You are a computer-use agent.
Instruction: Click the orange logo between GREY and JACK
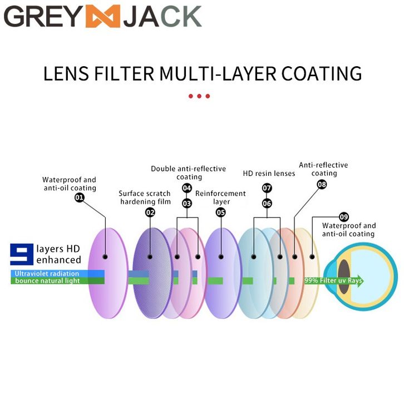102,16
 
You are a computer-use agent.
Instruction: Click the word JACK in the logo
161,17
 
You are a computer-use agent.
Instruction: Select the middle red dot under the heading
199,96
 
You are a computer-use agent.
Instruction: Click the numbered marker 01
80,198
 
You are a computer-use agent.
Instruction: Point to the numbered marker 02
150,212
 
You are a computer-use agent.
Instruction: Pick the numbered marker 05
221,212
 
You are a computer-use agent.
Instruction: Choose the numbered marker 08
322,184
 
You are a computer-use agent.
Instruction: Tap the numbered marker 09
343,216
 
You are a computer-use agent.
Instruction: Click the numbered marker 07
267,188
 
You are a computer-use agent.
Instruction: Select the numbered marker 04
187,188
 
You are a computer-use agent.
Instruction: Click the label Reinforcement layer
220,198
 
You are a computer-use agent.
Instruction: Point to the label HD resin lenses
269,174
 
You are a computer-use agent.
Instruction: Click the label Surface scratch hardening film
145,198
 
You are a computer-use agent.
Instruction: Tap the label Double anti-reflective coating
188,173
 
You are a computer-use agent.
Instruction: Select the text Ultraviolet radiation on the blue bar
47,274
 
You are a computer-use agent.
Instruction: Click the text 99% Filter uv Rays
333,281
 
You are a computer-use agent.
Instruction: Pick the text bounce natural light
47,281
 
